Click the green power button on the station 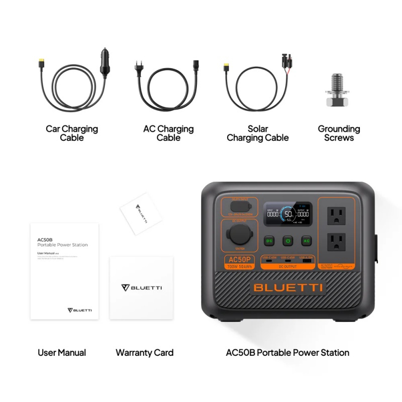click(x=287, y=241)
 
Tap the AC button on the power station click(x=306, y=241)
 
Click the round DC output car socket click(x=239, y=235)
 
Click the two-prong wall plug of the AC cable click(x=139, y=67)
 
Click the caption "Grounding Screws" click(x=339, y=133)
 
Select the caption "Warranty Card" click(x=144, y=353)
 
